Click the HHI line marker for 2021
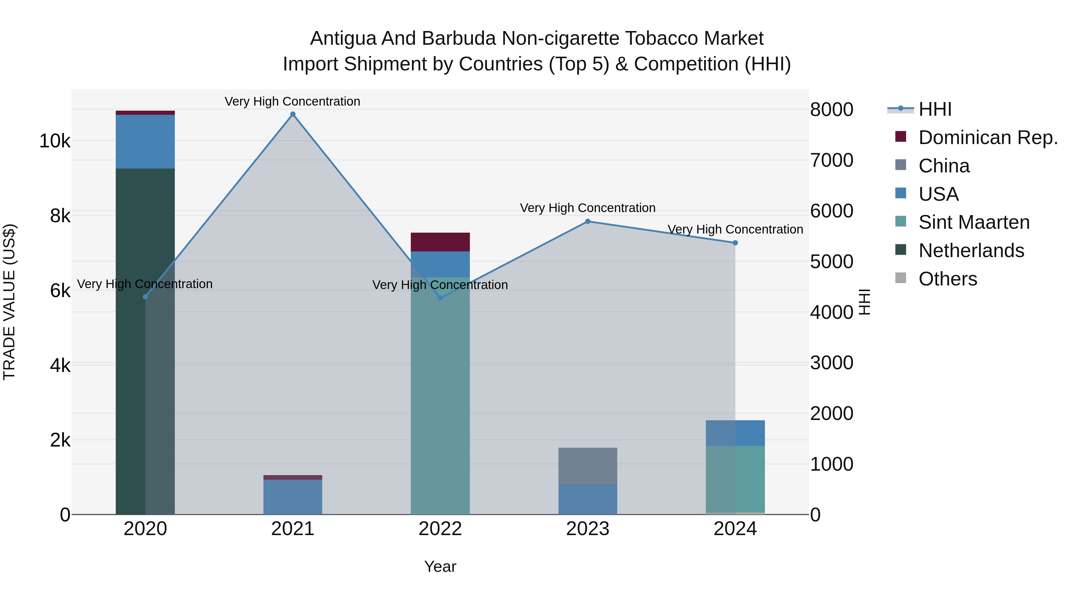(293, 114)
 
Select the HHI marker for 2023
(588, 221)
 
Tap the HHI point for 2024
(735, 242)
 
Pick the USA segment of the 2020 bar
(145, 142)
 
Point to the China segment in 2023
(588, 466)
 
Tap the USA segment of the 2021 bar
(293, 496)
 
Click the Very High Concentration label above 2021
(292, 101)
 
